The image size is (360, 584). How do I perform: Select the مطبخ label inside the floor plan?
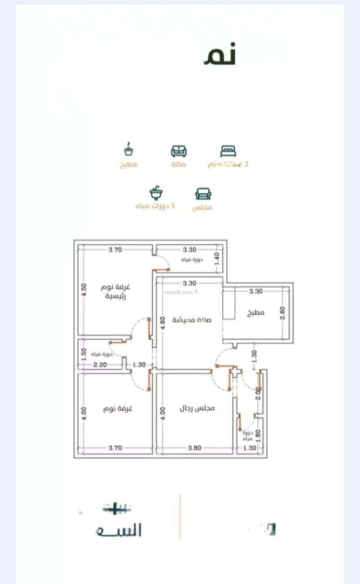pos(256,312)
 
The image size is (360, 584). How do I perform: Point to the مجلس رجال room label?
pos(197,408)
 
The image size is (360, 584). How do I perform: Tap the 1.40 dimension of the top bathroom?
pos(217,260)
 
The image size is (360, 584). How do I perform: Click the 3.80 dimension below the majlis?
pos(195,448)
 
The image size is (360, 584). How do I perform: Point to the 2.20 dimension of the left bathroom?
pos(100,365)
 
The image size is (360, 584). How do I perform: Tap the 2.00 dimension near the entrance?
pos(258,393)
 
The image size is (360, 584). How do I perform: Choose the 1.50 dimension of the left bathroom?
pos(84,354)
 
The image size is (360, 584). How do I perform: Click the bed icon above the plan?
pos(228,151)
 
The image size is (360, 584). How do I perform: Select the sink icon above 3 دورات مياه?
pos(156,193)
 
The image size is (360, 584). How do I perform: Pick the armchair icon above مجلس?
pos(203,193)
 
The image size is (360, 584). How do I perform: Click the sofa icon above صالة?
pos(179,151)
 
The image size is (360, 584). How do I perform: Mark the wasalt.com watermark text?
pos(181,292)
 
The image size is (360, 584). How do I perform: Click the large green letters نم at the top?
pos(220,56)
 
